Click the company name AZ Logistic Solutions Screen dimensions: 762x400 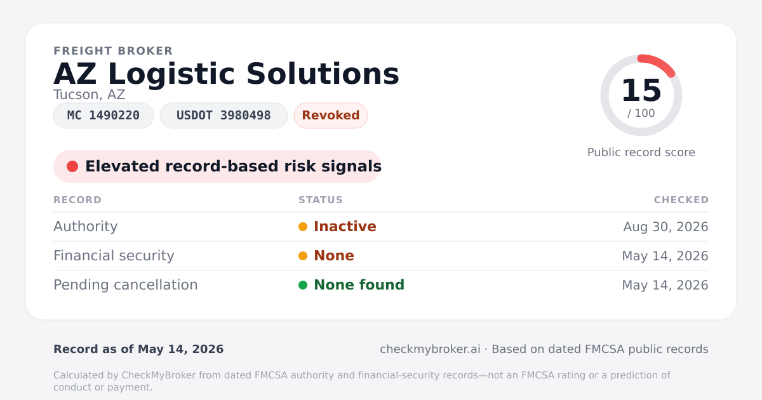[x=226, y=74]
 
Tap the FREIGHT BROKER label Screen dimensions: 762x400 [x=113, y=51]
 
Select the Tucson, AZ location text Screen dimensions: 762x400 [x=89, y=95]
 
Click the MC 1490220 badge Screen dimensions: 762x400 [x=104, y=116]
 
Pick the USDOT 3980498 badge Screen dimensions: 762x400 [x=224, y=116]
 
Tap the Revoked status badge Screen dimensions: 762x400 [x=331, y=116]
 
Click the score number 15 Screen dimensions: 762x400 [x=641, y=90]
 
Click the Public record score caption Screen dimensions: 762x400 [x=641, y=152]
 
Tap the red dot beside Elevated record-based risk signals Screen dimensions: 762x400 [x=72, y=166]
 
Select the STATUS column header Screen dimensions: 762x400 [x=321, y=200]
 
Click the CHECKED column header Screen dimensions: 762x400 [x=681, y=200]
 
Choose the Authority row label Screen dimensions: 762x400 [x=85, y=227]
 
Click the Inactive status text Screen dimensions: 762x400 [x=345, y=227]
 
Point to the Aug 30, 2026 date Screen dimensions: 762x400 [x=665, y=227]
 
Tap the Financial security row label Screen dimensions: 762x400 [x=114, y=256]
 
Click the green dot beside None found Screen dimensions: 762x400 [x=303, y=285]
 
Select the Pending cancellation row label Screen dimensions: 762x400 [x=126, y=285]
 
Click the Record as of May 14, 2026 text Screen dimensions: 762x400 [x=138, y=349]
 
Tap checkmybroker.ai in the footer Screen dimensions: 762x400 [x=430, y=349]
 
